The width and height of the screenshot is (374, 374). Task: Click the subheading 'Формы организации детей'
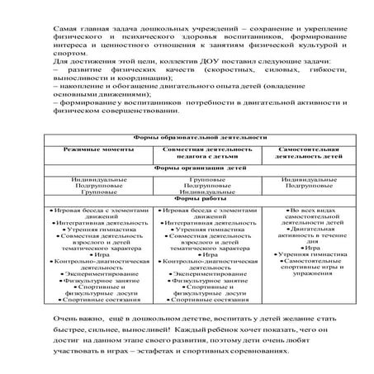coord(189,168)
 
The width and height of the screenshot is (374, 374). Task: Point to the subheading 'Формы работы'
coord(189,199)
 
